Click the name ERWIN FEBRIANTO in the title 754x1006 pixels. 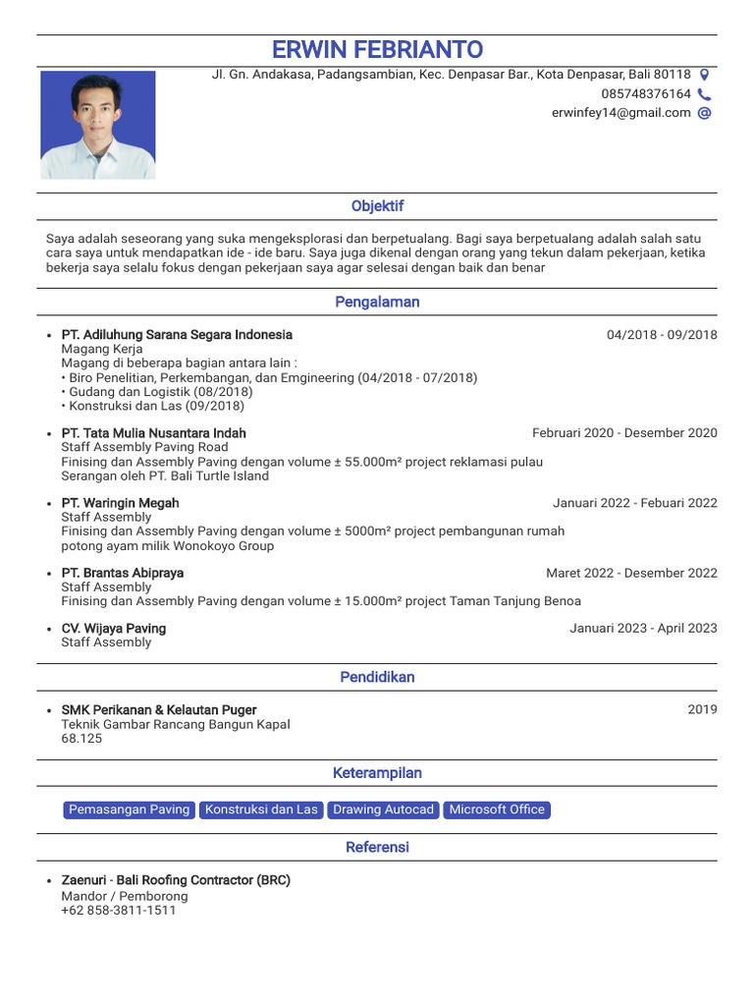click(377, 50)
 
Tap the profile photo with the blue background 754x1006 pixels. click(97, 125)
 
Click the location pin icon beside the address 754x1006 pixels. click(704, 75)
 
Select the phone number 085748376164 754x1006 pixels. click(646, 94)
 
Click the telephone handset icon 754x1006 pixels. click(704, 94)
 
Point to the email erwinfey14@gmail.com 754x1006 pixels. click(620, 113)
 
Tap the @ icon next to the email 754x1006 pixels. click(704, 113)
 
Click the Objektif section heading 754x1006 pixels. click(377, 206)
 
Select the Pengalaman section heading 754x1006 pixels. click(377, 303)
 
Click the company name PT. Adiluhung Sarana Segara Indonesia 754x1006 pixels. click(177, 335)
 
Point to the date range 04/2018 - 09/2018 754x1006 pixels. click(662, 335)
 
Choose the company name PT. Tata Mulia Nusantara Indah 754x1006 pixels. click(154, 433)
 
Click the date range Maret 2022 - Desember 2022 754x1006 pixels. click(631, 574)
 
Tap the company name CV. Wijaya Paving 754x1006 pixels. click(114, 629)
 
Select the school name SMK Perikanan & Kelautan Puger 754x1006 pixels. click(159, 710)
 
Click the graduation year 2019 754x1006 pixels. click(702, 710)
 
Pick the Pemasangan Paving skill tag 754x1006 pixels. click(129, 810)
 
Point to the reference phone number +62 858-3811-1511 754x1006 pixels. click(119, 911)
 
